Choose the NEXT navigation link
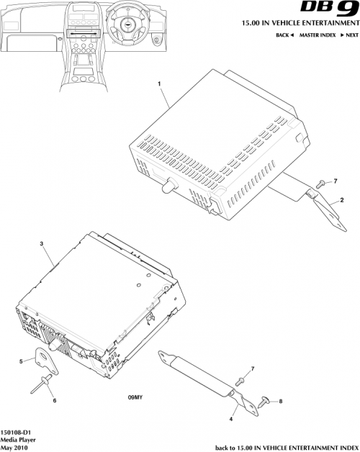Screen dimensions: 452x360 pyautogui.click(x=349, y=35)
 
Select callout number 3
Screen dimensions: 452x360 pyautogui.click(x=42, y=245)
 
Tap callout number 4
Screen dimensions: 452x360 pyautogui.click(x=230, y=418)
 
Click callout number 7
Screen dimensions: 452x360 pyautogui.click(x=253, y=369)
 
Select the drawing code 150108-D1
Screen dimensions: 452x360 pyautogui.click(x=15, y=430)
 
